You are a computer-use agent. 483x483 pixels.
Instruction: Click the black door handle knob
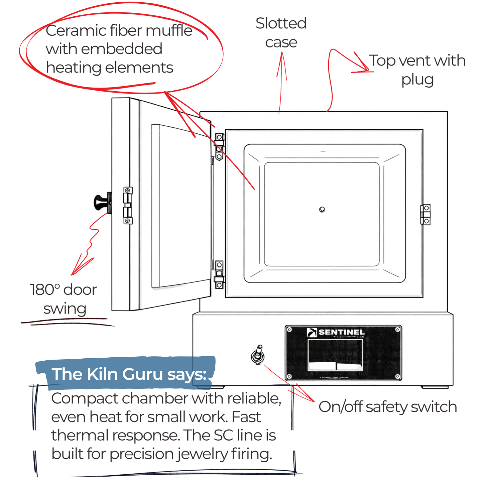point(101,203)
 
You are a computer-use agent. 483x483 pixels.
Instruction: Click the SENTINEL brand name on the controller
point(341,332)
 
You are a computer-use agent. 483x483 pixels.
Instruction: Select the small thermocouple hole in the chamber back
point(322,210)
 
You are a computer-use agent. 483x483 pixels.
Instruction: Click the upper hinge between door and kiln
point(219,147)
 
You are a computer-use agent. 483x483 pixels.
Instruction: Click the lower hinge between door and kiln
point(219,275)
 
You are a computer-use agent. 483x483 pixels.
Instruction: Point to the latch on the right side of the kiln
point(425,215)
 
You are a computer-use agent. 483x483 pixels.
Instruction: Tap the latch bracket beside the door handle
point(128,205)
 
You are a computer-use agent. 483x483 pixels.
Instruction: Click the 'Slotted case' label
point(281,33)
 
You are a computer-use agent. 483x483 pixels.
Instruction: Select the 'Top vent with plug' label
point(417,70)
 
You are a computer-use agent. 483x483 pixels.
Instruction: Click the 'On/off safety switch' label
point(387,407)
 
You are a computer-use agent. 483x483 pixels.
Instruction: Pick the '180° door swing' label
point(64,299)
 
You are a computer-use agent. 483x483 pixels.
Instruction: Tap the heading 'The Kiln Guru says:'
point(129,374)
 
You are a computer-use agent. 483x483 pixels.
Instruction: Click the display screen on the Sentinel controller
point(335,355)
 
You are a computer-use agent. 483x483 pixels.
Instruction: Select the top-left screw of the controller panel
point(289,330)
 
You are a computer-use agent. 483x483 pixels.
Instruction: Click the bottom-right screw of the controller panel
point(397,376)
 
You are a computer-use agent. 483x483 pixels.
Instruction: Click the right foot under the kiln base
point(435,387)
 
